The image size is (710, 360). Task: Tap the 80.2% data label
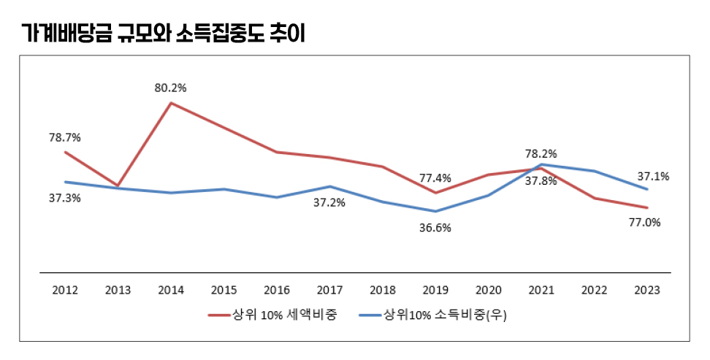(x=170, y=88)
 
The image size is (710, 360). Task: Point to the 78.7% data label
(x=65, y=137)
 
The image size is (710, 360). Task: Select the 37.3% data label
(x=65, y=198)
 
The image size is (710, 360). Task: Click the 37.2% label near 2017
(x=329, y=202)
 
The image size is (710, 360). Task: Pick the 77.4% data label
(x=435, y=177)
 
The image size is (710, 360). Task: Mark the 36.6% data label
(x=435, y=227)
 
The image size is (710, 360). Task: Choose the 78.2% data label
(x=541, y=154)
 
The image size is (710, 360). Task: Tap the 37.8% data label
(x=541, y=181)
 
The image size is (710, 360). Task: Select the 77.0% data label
(x=645, y=223)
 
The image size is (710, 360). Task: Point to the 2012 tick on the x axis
(x=65, y=290)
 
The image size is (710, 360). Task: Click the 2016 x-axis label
(x=277, y=290)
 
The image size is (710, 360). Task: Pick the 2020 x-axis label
(x=489, y=290)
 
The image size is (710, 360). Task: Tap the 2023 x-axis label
(x=647, y=290)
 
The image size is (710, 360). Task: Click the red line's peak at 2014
(x=171, y=103)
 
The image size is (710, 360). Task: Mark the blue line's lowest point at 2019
(x=435, y=212)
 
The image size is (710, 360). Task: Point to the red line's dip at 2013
(x=118, y=186)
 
